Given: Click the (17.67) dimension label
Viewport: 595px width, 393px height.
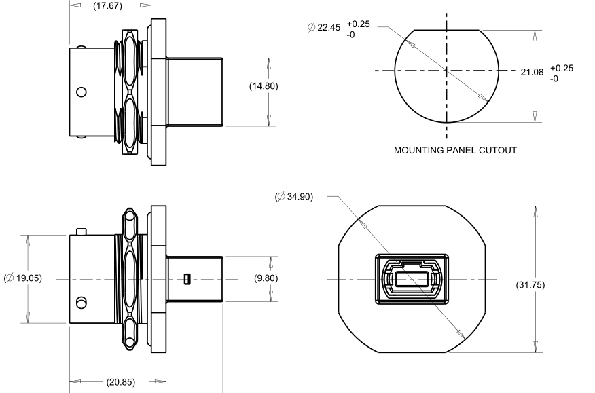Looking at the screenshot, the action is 108,5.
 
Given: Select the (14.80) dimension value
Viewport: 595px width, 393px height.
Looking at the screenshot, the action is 264,86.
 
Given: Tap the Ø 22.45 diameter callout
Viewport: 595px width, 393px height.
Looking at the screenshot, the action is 324,27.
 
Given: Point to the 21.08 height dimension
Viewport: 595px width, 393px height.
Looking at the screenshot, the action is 532,72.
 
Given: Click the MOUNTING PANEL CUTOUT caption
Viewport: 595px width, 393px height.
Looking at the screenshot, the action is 455,150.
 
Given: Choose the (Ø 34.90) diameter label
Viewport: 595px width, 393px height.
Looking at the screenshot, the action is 294,197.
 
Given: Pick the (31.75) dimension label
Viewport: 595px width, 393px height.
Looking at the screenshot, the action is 530,285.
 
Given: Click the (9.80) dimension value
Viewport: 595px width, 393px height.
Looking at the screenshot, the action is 266,278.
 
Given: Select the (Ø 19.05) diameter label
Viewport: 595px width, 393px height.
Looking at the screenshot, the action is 23,278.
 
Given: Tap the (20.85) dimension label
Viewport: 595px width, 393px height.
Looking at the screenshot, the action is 121,382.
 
